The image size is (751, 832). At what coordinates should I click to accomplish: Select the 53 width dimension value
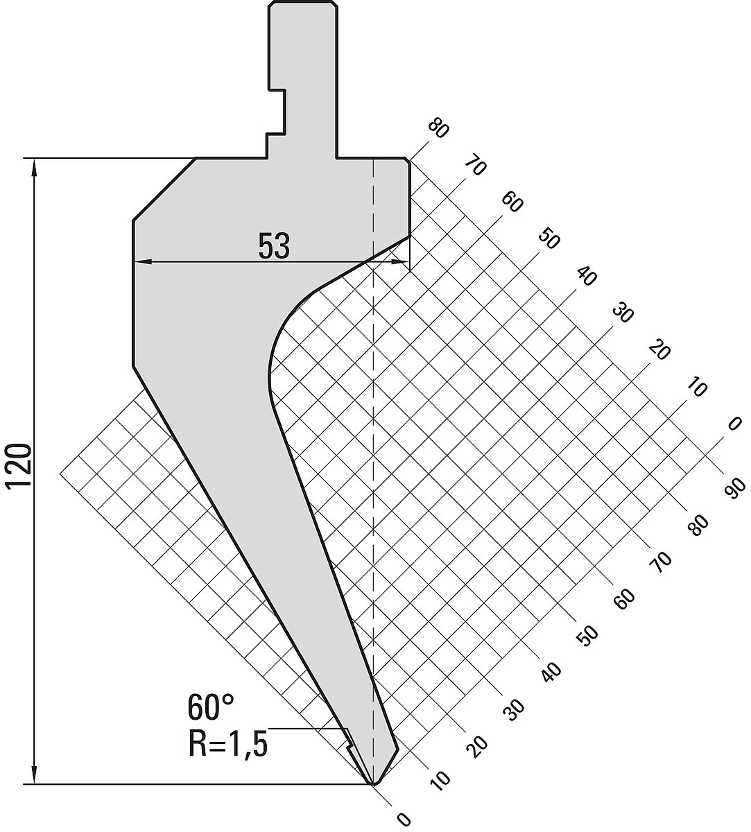(274, 246)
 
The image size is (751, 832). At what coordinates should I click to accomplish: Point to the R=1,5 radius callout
(227, 744)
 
